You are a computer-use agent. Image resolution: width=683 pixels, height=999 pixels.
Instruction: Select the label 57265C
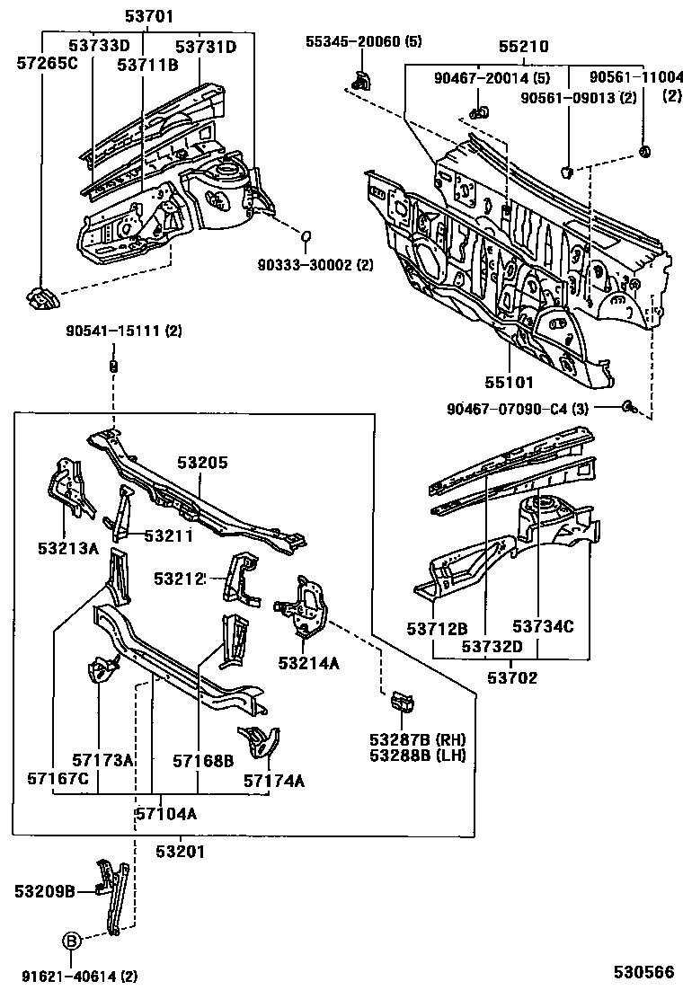pos(47,63)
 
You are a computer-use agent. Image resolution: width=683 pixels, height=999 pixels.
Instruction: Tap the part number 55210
pos(523,47)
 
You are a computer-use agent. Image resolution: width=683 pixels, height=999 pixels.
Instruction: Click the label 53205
pos(202,463)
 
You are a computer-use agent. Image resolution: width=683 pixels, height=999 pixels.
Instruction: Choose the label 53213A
pos(68,547)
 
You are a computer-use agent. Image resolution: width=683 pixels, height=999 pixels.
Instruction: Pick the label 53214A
pos(308,663)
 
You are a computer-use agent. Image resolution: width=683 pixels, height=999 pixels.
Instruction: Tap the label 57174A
pos(273,781)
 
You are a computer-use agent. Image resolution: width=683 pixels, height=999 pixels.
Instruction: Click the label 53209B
pos(44,891)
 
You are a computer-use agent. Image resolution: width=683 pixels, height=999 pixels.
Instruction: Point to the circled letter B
pos(72,942)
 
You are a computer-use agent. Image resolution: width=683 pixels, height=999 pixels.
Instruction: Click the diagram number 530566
pos(643,973)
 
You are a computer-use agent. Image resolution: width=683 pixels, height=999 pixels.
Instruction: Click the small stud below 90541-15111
pos(113,366)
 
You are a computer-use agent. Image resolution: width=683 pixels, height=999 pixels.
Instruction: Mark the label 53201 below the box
pos(180,850)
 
